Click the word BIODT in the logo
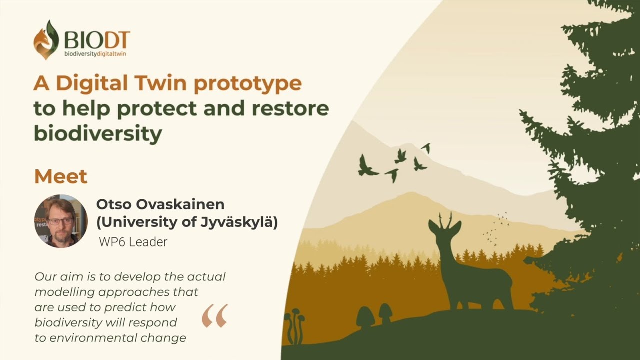97,40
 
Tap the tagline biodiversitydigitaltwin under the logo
95,54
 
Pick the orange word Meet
61,176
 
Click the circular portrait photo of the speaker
61,221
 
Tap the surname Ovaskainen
180,204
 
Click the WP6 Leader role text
133,242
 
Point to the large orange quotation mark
215,316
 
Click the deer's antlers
445,220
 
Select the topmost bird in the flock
426,148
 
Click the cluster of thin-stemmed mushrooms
295,325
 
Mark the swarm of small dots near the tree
496,228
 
